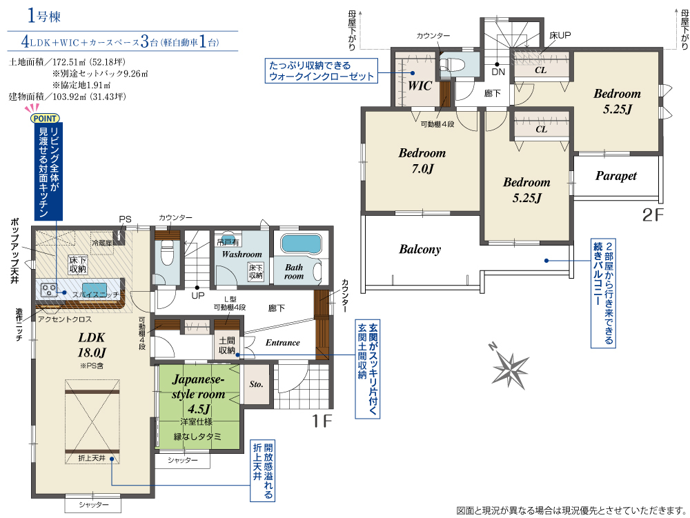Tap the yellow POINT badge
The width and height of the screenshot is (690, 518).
(46, 118)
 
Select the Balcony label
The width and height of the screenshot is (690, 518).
(420, 249)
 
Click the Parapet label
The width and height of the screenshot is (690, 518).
(615, 176)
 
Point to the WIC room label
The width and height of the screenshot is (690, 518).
(420, 86)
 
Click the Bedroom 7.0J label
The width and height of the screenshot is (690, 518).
(422, 161)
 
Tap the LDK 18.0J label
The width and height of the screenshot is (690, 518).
(92, 345)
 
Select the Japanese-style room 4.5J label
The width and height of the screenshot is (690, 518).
(199, 394)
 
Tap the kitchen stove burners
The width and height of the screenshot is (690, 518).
(49, 289)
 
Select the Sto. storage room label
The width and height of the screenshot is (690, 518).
(256, 384)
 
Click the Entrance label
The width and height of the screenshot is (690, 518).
(282, 343)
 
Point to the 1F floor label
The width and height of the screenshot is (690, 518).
(322, 421)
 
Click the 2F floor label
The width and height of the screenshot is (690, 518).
(653, 215)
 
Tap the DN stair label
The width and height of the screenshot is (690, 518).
(497, 72)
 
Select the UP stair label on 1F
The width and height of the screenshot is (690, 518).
(197, 295)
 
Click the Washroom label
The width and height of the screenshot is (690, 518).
(241, 254)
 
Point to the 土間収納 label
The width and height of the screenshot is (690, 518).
(227, 346)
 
